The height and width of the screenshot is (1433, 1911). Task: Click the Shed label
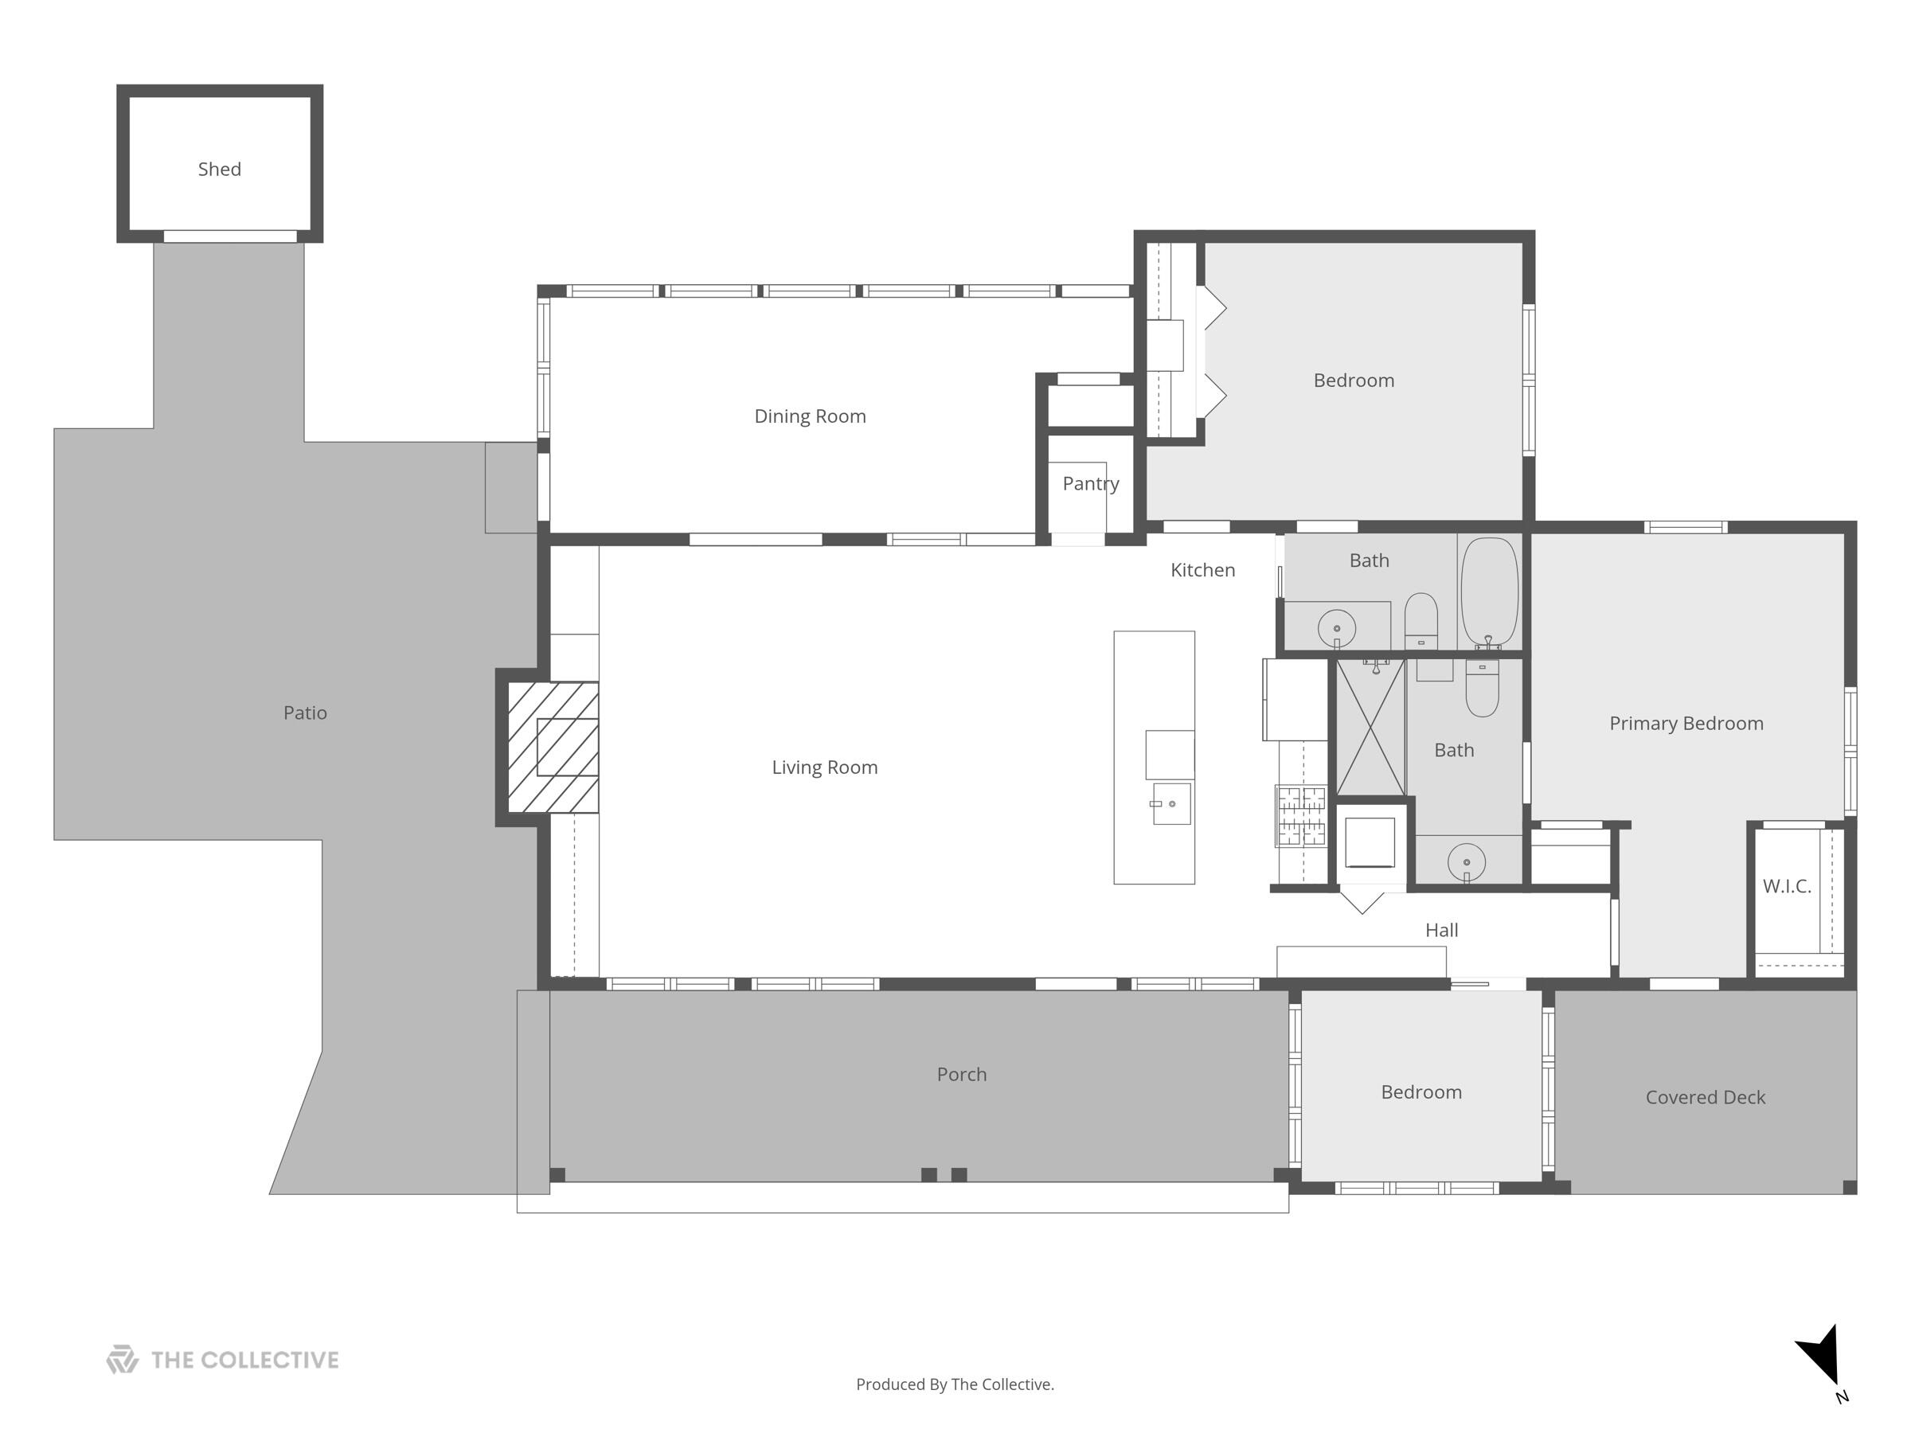(220, 170)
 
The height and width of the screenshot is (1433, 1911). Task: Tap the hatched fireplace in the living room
(553, 748)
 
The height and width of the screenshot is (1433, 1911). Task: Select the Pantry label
(1090, 484)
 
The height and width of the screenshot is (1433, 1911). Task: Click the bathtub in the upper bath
(1488, 592)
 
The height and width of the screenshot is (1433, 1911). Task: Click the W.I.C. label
(1787, 886)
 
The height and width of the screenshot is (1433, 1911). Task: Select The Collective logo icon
(123, 1360)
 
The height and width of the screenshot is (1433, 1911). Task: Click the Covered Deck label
(1705, 1098)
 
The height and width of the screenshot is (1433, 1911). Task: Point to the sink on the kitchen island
(1171, 804)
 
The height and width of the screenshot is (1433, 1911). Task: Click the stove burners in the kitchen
(1301, 815)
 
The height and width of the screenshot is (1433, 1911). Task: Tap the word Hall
(1441, 931)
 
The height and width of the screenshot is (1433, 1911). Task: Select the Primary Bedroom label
(1686, 724)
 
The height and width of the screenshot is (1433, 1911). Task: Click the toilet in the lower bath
(1483, 691)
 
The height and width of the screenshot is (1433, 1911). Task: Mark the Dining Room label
(810, 416)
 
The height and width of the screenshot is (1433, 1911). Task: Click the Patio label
(305, 713)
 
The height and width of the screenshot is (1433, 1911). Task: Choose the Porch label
(961, 1075)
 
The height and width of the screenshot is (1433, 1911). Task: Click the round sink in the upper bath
(1336, 628)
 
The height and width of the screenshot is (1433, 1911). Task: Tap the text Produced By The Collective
(955, 1384)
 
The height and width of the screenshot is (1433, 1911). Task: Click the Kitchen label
(1202, 570)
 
